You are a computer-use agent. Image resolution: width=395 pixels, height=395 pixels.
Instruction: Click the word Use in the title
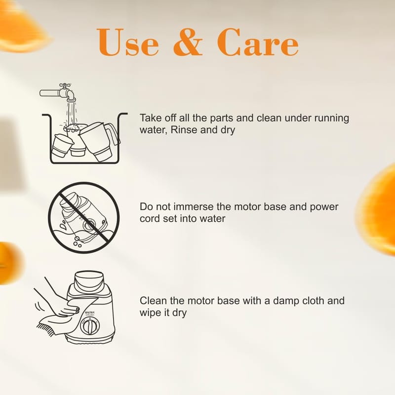click(x=128, y=42)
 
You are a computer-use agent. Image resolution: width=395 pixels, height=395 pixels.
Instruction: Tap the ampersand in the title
click(x=188, y=42)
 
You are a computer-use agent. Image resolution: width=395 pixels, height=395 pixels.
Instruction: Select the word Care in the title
click(x=258, y=42)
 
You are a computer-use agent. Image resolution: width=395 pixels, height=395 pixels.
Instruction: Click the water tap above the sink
click(x=58, y=92)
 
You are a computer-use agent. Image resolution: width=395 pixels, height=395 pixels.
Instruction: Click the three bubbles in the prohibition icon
click(x=77, y=241)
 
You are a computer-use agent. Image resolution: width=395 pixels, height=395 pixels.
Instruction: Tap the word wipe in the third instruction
click(x=151, y=313)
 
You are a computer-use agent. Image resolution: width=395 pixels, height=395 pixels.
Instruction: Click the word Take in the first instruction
click(x=151, y=118)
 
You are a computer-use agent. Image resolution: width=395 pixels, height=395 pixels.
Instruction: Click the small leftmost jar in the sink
click(x=62, y=146)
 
